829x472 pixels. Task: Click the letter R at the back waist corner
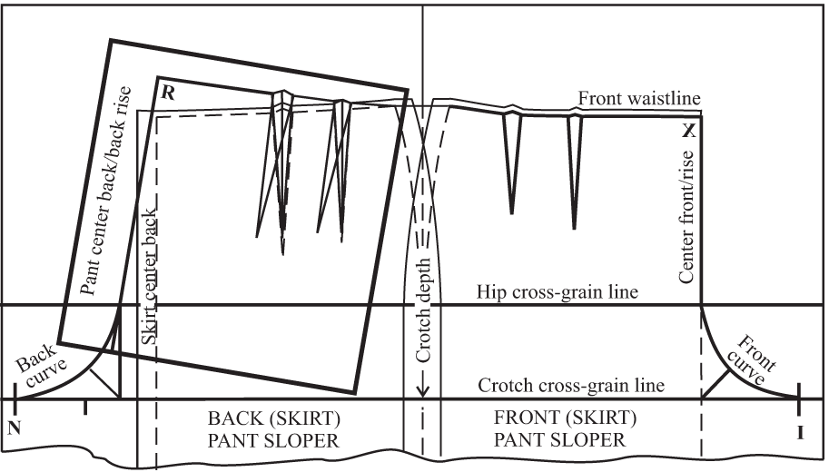(167, 92)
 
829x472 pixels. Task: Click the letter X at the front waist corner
(689, 131)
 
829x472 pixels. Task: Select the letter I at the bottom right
(800, 433)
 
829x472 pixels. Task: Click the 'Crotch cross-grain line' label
(571, 386)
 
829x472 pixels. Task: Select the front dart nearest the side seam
(512, 163)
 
